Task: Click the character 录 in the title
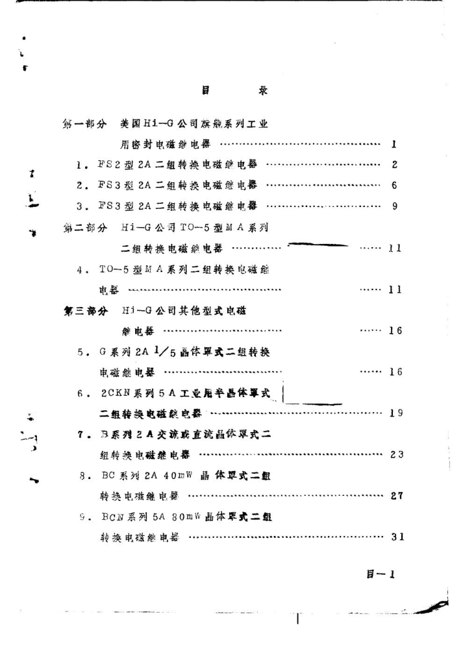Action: tap(263, 91)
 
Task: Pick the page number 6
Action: tap(395, 186)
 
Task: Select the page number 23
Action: tap(397, 454)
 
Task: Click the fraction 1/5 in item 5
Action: tap(162, 352)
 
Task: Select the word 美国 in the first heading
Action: tap(129, 124)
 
